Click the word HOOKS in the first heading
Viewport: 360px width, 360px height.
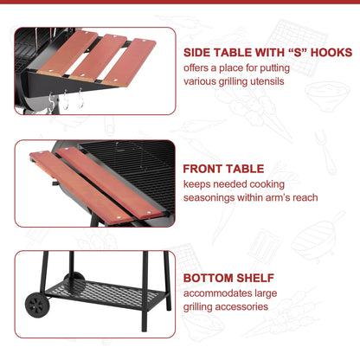[x=331, y=53]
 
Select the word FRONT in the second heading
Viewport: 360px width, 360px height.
[x=202, y=169]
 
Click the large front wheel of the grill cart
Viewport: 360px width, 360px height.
[x=37, y=305]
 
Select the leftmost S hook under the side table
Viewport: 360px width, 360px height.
[x=52, y=101]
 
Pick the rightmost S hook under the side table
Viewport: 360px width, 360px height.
[x=80, y=98]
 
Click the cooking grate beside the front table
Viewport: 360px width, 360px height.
[x=136, y=170]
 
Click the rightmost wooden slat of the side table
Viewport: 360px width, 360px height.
[x=129, y=62]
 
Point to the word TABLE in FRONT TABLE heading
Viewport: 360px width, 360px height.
[x=245, y=169]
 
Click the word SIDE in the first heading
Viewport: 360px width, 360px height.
[x=196, y=53]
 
